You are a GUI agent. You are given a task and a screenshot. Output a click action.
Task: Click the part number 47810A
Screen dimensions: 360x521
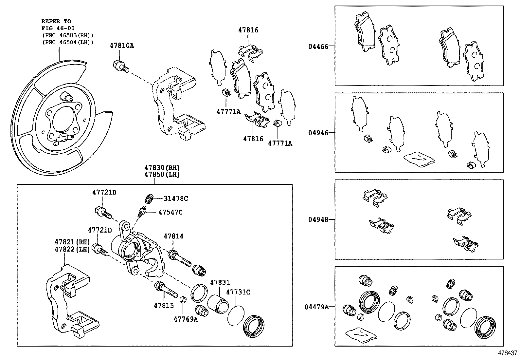[x=121, y=46]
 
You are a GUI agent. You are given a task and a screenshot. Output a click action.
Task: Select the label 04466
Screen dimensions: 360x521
[x=318, y=47]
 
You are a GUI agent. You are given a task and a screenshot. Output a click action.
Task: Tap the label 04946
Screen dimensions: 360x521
[x=318, y=133]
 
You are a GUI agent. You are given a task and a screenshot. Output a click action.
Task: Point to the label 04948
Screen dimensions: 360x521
[x=318, y=219]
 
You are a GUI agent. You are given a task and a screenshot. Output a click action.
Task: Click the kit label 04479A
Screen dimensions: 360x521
[x=316, y=307]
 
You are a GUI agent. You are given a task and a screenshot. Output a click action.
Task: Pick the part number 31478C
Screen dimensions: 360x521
[x=176, y=199]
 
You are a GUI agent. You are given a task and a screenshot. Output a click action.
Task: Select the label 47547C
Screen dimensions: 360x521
[x=170, y=212]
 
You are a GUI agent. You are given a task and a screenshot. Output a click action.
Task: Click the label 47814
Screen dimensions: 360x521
[x=173, y=236]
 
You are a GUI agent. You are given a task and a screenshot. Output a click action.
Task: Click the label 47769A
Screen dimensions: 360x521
[x=186, y=319]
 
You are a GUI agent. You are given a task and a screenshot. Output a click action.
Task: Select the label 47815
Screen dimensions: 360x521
[x=164, y=305]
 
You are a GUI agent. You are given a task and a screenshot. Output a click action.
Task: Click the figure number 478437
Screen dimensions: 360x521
[x=508, y=353]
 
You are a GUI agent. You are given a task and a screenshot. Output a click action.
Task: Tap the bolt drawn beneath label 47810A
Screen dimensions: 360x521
[x=121, y=66]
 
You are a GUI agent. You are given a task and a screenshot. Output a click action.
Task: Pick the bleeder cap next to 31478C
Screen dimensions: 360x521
[x=149, y=199]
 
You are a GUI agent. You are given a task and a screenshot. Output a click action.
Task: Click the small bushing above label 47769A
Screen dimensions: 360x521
[x=184, y=299]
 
